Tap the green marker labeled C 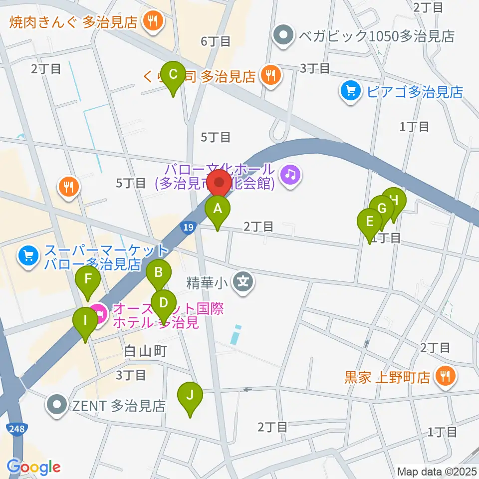174,75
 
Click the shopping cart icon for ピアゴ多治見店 350,91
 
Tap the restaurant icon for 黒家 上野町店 443,375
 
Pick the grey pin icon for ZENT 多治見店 58,405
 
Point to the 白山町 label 145,351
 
